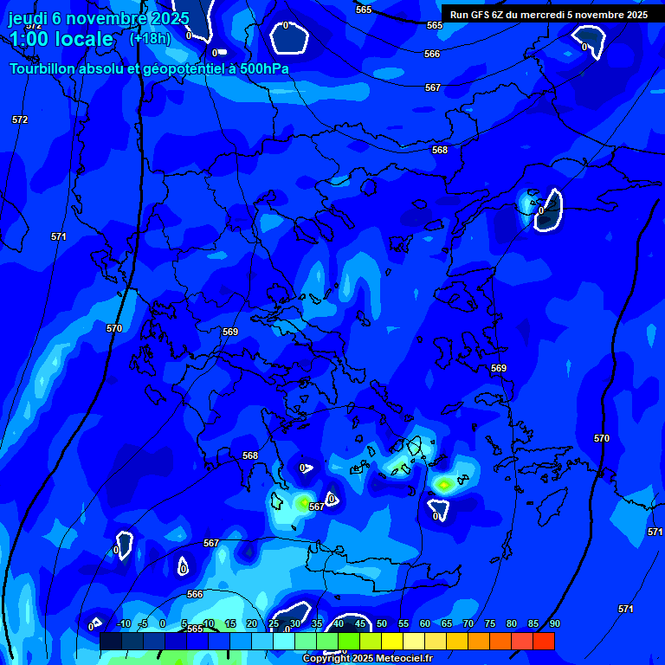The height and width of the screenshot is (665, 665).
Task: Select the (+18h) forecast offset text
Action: [x=150, y=38]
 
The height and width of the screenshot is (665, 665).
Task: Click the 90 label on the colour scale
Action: [x=554, y=623]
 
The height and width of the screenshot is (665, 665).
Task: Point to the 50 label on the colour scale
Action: [x=381, y=623]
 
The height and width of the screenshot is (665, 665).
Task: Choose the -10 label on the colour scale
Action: [x=123, y=623]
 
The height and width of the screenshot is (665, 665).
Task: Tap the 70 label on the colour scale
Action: [x=468, y=623]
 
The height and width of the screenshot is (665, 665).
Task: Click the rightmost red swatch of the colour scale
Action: [x=543, y=641]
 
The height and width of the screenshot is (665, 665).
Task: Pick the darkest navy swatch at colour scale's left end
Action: [x=110, y=641]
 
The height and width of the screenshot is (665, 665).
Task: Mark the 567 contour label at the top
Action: [x=433, y=87]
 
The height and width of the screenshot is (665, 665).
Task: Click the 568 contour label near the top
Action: [x=440, y=150]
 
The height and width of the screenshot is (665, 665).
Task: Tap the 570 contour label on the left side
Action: [x=114, y=328]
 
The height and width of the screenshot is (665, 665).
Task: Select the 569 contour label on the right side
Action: [x=499, y=368]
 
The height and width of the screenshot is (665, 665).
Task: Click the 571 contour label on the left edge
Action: [x=59, y=236]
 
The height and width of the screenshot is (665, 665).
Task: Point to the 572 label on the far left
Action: [x=20, y=119]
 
